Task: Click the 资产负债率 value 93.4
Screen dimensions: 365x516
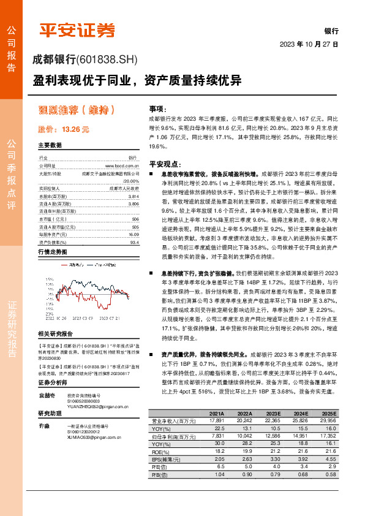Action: tap(134, 242)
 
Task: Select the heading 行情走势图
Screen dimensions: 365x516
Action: tap(51, 252)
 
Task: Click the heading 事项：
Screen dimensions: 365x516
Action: tap(158, 108)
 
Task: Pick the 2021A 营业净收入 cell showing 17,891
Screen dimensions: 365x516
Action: tap(215, 421)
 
